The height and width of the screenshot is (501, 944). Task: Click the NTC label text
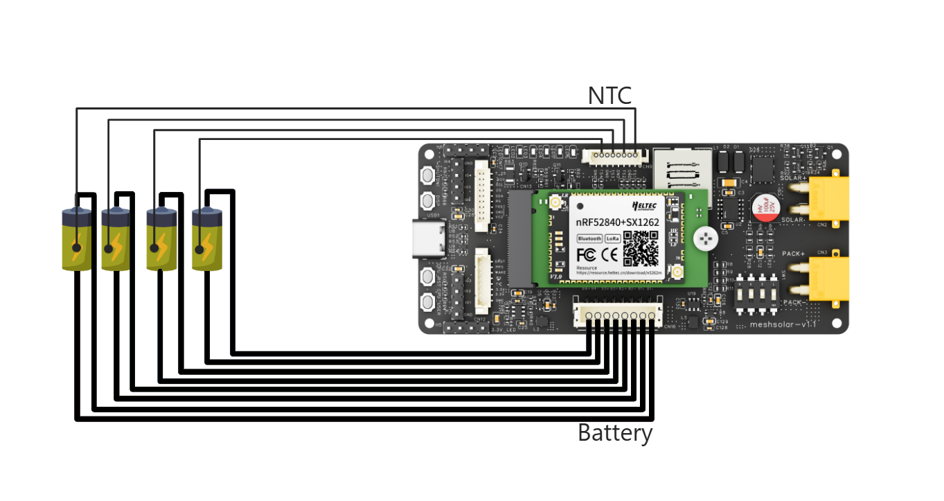(609, 96)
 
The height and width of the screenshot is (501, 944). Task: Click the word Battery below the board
(615, 433)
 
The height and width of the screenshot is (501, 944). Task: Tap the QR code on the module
(641, 249)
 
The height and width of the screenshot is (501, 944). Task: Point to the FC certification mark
(585, 254)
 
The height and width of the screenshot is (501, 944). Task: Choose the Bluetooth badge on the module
(589, 238)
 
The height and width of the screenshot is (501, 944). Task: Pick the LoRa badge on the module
(612, 238)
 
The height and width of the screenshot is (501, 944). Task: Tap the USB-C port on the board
(428, 238)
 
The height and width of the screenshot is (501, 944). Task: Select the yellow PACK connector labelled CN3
(828, 279)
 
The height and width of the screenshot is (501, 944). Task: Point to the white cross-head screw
(706, 238)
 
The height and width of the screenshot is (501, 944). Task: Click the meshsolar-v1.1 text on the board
(783, 324)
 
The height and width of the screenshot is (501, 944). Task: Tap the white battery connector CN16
(617, 315)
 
